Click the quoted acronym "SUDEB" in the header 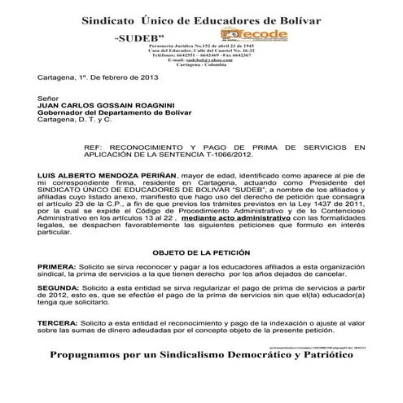pyautogui.click(x=139, y=38)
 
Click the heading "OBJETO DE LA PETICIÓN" pyautogui.click(x=201, y=252)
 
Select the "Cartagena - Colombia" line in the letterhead pyautogui.click(x=199, y=66)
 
